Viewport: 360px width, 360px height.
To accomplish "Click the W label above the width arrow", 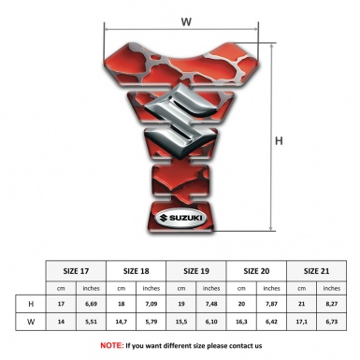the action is coord(186,22).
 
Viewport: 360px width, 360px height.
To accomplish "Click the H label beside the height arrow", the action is coord(279,141).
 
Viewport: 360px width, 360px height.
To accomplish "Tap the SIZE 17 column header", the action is coord(76,271).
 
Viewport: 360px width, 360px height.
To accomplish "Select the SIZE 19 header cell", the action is coord(196,271).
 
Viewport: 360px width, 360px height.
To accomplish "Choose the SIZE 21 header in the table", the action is coord(316,271).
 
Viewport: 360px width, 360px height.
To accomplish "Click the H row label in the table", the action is coord(31,304).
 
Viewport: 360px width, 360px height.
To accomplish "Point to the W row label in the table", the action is coord(31,322).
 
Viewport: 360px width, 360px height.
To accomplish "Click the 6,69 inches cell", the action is coord(91,304).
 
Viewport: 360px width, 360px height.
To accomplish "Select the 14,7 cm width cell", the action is coord(122,322).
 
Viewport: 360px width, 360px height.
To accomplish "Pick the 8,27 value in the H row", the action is coord(332,304).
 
